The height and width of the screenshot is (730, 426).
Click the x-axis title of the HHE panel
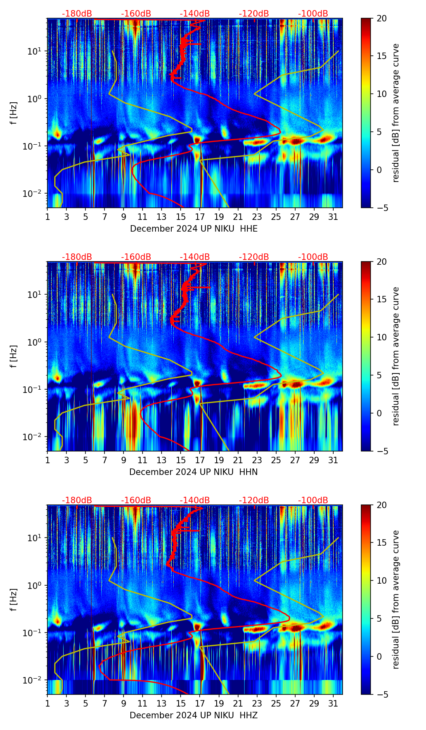(194, 229)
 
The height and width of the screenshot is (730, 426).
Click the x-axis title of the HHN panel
(193, 472)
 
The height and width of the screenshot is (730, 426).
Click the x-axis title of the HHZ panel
(194, 715)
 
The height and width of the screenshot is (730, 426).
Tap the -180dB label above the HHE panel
(77, 14)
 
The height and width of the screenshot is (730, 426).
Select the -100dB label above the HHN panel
(313, 257)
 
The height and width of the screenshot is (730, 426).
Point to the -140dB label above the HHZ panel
(195, 500)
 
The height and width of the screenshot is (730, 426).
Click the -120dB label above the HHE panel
(254, 14)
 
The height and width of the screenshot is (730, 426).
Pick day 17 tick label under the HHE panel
(200, 216)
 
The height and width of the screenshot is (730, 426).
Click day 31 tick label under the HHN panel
(333, 460)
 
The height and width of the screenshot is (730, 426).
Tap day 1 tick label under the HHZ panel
(47, 703)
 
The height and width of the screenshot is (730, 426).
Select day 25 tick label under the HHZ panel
(276, 703)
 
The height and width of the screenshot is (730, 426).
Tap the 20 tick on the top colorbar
(381, 18)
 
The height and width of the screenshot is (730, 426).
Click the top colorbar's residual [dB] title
(396, 113)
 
